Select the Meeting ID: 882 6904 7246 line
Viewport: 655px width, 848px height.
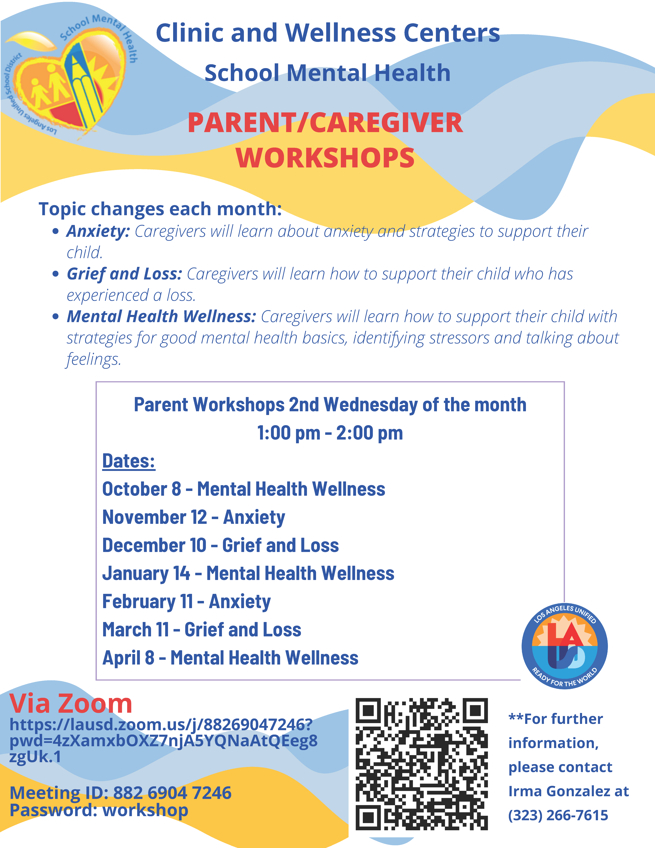click(x=120, y=792)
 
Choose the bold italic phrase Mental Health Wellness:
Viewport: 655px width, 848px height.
click(x=161, y=316)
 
